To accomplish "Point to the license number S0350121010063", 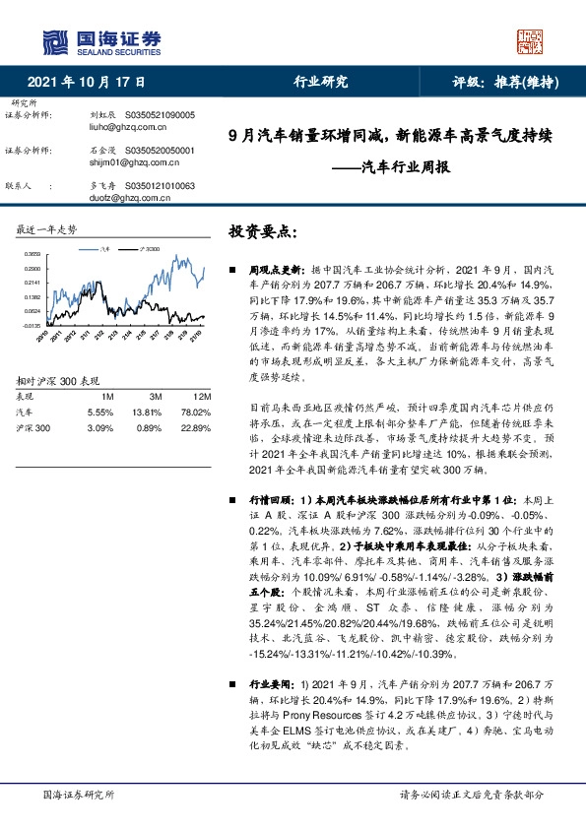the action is [163, 185].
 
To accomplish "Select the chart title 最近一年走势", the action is [46, 230].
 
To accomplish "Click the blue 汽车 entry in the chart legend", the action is [103, 250].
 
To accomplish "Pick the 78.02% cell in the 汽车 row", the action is [195, 411].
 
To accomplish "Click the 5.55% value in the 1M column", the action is [100, 411].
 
